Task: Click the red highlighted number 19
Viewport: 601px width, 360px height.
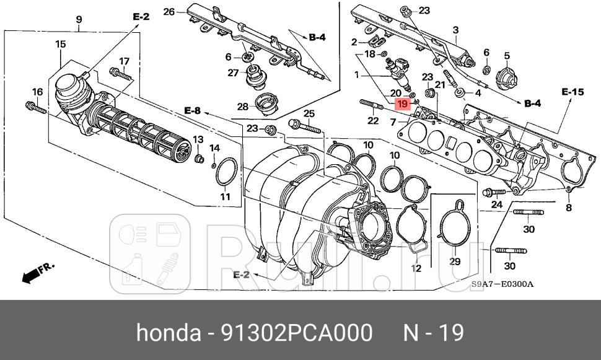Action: (x=402, y=103)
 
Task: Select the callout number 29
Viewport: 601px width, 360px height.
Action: (x=455, y=261)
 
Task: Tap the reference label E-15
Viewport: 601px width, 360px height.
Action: (x=572, y=92)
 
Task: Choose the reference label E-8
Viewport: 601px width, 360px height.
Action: (x=193, y=110)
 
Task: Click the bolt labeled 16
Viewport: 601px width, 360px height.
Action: (x=37, y=108)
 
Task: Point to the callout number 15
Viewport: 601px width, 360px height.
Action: (x=60, y=44)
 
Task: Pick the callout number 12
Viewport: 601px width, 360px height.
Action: (x=416, y=268)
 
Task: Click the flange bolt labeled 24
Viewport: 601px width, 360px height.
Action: (x=491, y=193)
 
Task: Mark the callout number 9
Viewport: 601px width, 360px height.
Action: (x=79, y=20)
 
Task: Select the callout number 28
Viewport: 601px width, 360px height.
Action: (x=243, y=106)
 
